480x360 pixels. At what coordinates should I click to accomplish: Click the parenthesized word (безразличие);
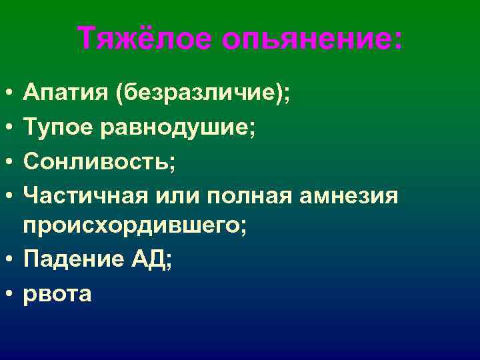point(203,93)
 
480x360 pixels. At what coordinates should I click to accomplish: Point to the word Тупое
point(60,127)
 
